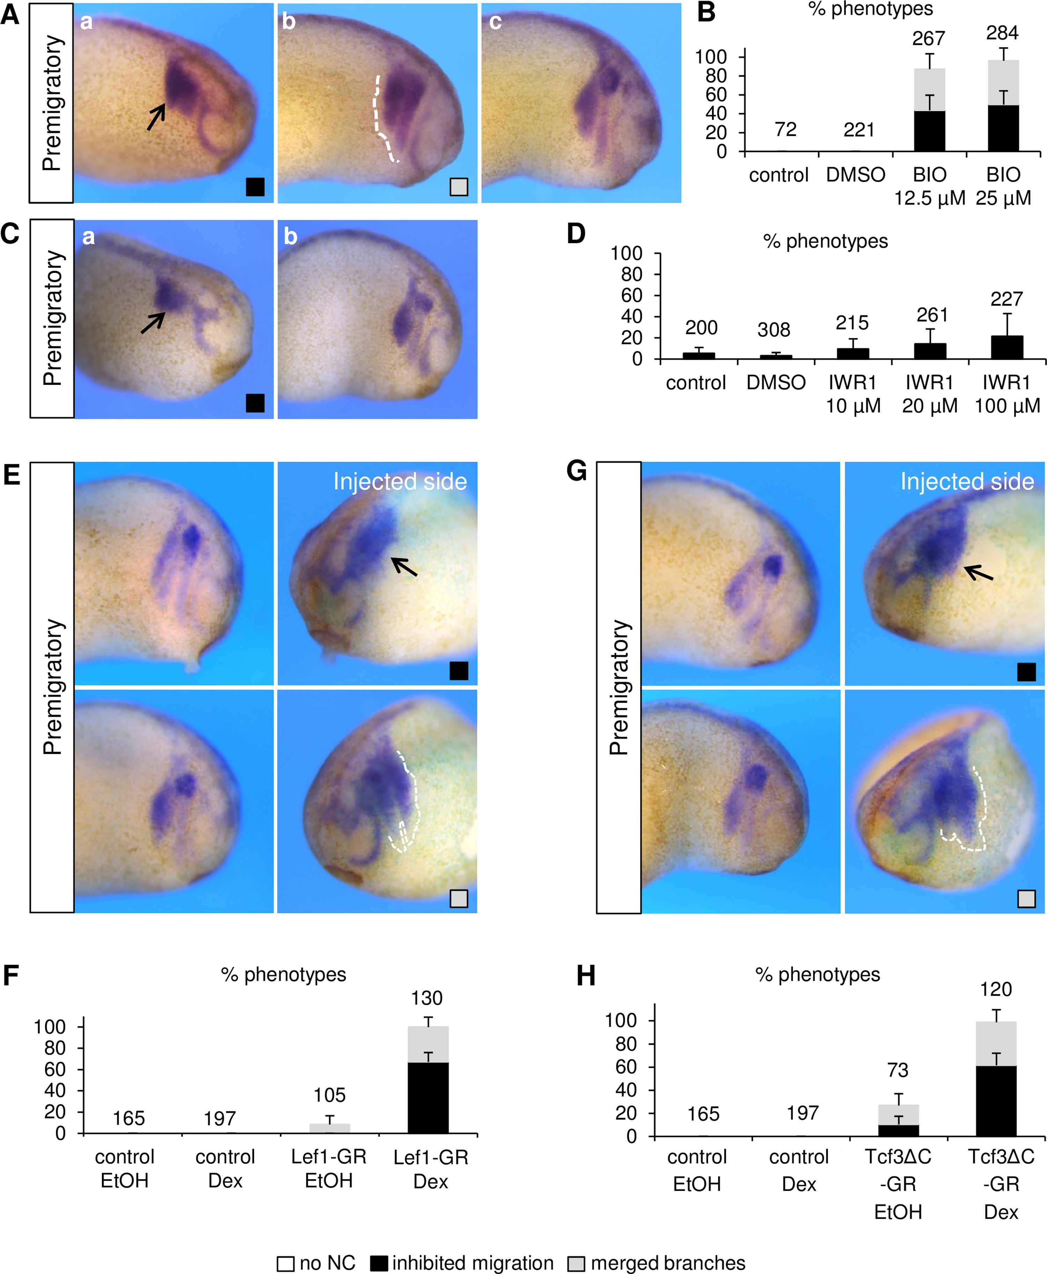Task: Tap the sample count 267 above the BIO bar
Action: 928,39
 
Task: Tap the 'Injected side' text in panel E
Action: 400,481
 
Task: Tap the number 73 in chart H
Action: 897,1070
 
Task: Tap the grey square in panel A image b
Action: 459,187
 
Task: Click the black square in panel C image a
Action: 255,403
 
